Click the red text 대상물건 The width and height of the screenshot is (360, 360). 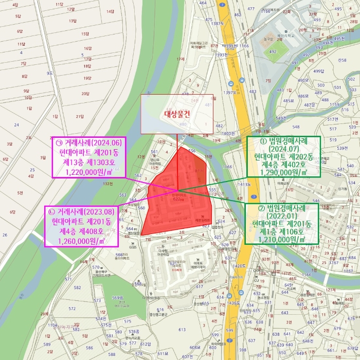pyautogui.click(x=177, y=115)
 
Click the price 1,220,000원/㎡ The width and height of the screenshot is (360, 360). pyautogui.click(x=88, y=172)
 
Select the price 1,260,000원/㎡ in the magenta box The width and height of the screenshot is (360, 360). pyautogui.click(x=81, y=240)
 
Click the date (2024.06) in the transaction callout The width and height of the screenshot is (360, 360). pyautogui.click(x=107, y=142)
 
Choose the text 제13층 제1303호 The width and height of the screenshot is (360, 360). pyautogui.click(x=88, y=163)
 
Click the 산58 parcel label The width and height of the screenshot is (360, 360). pyautogui.click(x=342, y=60)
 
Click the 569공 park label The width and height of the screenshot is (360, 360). pyautogui.click(x=118, y=298)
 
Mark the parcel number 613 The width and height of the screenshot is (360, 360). pyautogui.click(x=182, y=329)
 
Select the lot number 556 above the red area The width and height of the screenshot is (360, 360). pyautogui.click(x=192, y=150)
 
